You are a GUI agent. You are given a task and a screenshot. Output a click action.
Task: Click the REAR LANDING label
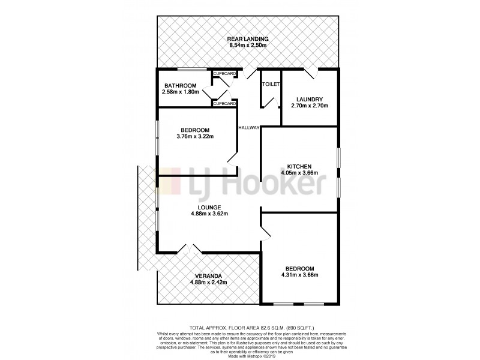[247, 38]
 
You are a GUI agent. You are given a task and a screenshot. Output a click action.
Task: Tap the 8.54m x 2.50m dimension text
[247, 45]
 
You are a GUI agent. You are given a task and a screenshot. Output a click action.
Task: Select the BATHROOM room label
[181, 86]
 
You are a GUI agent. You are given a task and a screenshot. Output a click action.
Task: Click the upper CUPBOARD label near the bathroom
[225, 74]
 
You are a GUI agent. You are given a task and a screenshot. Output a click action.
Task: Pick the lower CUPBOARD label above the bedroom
[225, 103]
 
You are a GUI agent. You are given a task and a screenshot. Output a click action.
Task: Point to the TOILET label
[271, 85]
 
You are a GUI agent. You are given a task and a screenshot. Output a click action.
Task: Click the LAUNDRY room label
[310, 99]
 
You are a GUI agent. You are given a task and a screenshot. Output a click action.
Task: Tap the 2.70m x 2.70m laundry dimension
[310, 106]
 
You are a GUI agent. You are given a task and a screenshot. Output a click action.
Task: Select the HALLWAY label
[249, 127]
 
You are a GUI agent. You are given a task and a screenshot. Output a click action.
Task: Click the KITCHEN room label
[298, 166]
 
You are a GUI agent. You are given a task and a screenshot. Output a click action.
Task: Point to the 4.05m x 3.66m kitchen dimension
[298, 172]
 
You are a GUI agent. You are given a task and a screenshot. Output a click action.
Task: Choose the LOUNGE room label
[209, 207]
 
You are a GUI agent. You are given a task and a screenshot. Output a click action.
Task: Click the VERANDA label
[209, 277]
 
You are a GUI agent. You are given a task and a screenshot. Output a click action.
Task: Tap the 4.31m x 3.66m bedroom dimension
[298, 275]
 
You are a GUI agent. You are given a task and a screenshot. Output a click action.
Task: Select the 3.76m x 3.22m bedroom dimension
[196, 137]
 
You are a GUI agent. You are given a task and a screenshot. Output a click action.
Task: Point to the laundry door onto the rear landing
[310, 72]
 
